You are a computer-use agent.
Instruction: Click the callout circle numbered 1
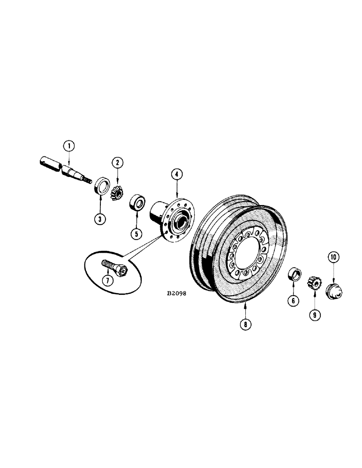pyautogui.click(x=69, y=146)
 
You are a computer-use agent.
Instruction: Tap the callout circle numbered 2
pyautogui.click(x=117, y=162)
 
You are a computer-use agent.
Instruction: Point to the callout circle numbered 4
pyautogui.click(x=176, y=175)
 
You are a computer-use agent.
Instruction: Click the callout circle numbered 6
pyautogui.click(x=293, y=301)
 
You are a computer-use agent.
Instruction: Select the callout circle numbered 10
pyautogui.click(x=333, y=257)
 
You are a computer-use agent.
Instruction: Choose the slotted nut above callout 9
pyautogui.click(x=313, y=283)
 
